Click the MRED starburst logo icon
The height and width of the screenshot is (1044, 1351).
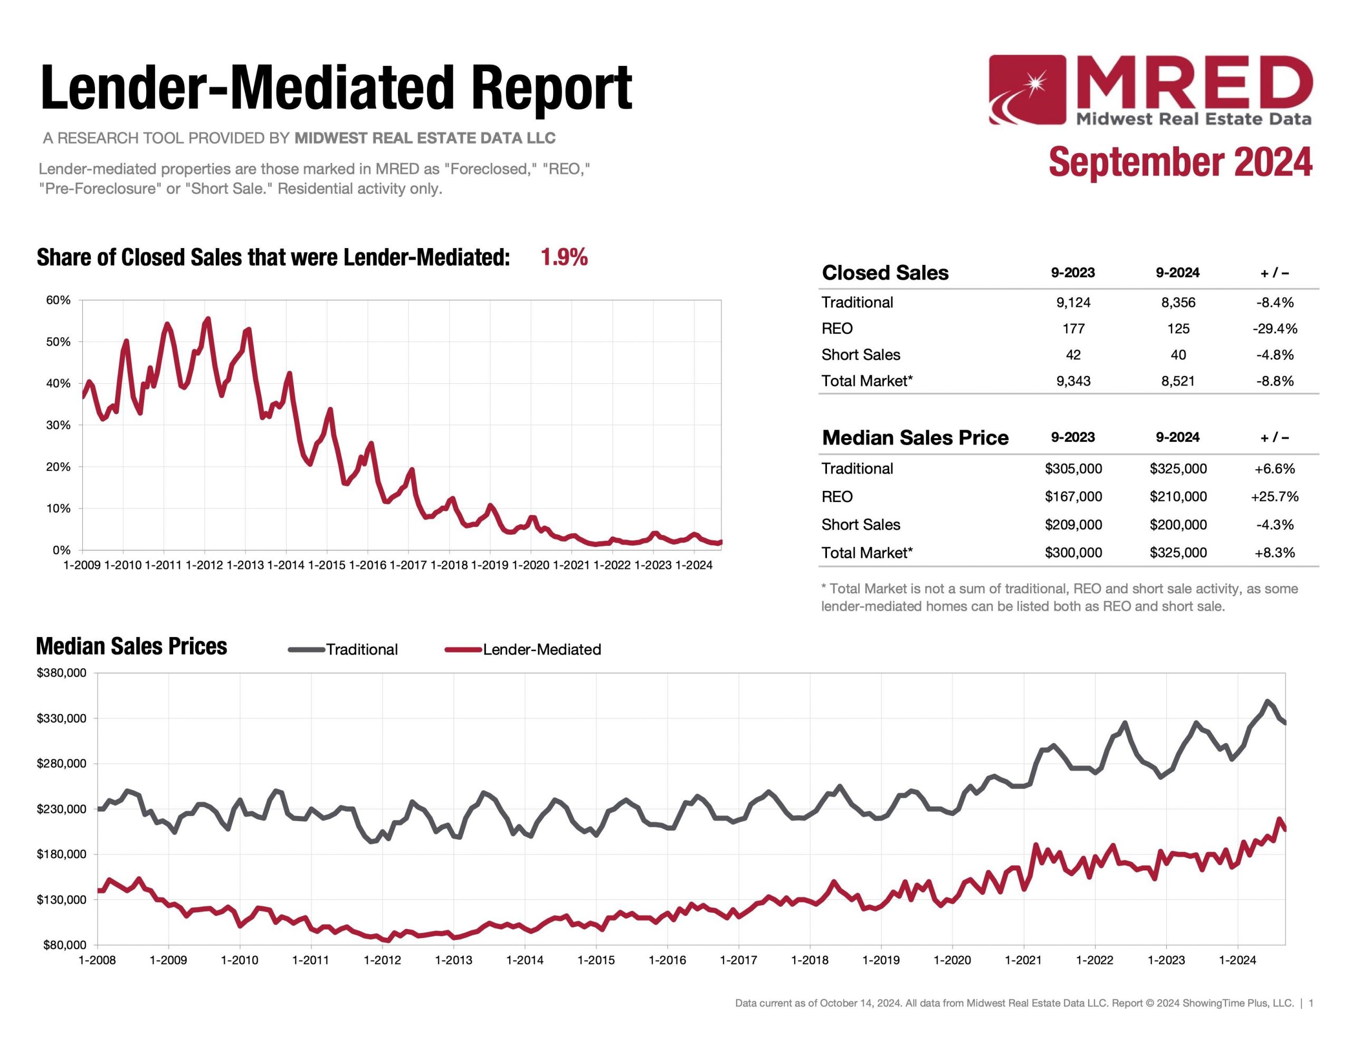[x=1027, y=90]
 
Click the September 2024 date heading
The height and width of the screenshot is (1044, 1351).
[x=1179, y=162]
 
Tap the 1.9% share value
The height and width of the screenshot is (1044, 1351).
[x=564, y=257]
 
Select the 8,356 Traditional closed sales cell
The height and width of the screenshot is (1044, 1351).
[x=1178, y=302]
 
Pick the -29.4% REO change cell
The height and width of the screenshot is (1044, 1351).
[x=1274, y=329]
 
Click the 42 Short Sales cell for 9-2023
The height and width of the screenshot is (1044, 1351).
[x=1073, y=355]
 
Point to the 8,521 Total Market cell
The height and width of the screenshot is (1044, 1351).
[x=1178, y=381]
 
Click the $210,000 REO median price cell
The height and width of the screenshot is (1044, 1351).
[x=1178, y=496]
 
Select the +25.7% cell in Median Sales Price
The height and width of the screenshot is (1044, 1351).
[x=1274, y=496]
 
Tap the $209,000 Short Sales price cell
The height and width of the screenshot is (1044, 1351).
[x=1073, y=524]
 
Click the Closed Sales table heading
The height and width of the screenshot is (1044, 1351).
[x=884, y=273]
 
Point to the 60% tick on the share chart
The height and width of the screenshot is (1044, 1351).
[x=58, y=300]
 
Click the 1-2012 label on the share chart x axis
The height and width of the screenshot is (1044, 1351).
[x=204, y=565]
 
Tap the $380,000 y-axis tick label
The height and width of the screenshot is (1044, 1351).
[x=61, y=673]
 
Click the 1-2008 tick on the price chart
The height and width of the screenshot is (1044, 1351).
[x=97, y=960]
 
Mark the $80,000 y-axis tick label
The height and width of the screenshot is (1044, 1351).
[x=64, y=945]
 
